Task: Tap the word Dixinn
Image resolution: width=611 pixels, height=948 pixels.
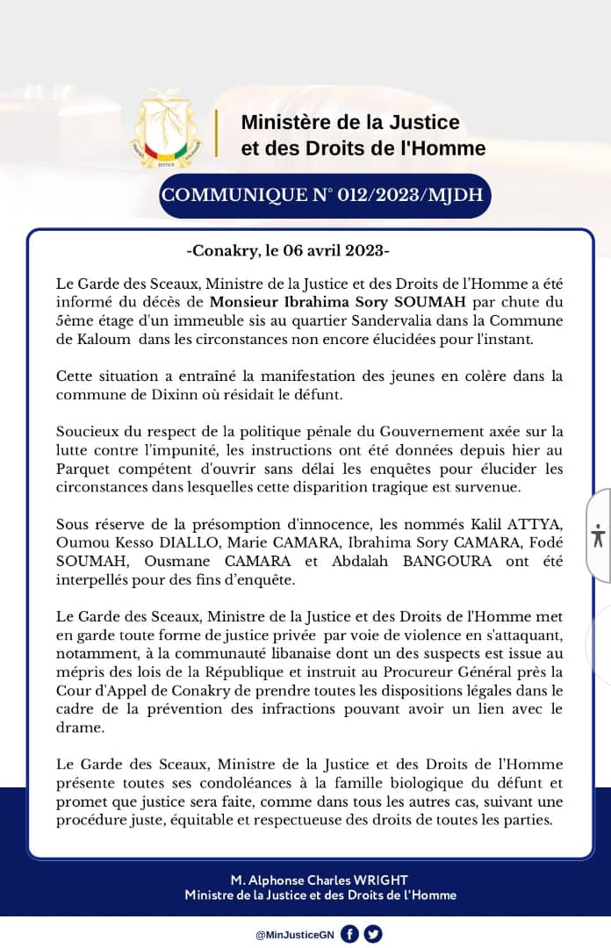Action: click(180, 394)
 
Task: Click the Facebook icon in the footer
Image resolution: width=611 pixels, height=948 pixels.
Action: click(349, 934)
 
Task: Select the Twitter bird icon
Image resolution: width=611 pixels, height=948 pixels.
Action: click(373, 934)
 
